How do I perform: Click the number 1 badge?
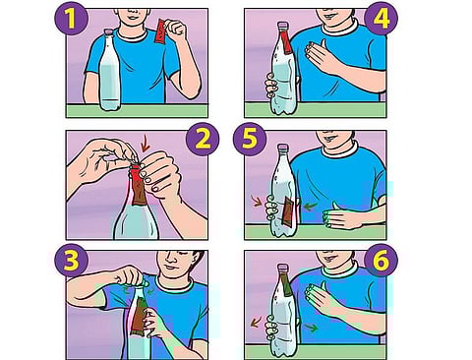pos(71,19)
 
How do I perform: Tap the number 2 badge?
pos(203,139)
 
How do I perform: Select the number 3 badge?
pos(71,260)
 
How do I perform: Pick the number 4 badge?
pos(381,19)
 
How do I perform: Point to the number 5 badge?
pos(250,139)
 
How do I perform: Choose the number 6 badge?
pos(381,260)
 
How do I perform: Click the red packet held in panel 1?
pos(161,31)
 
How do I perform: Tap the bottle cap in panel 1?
pos(108,31)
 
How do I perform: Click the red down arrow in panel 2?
pos(145,145)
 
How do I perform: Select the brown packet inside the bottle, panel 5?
pos(288,211)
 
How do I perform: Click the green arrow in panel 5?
pos(310,207)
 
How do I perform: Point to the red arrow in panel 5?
pos(257,201)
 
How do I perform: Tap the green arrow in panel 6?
pos(311,327)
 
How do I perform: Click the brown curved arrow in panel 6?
pos(256,322)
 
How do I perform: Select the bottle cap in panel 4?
pos(282,26)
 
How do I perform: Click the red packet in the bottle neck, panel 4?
pos(286,41)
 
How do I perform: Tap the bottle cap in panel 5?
pos(282,147)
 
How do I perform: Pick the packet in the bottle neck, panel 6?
pos(286,284)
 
